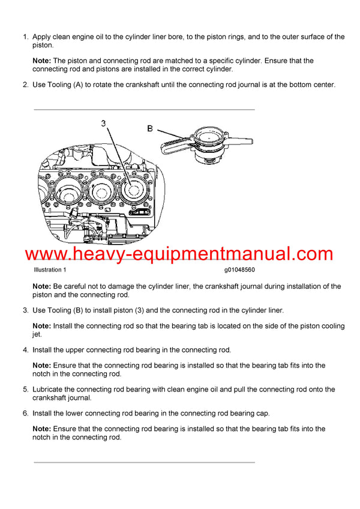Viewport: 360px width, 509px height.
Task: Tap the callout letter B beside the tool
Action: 151,128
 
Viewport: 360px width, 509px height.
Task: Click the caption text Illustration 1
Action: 51,270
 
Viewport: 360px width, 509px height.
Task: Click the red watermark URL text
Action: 179,254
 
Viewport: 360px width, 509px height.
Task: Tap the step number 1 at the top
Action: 25,37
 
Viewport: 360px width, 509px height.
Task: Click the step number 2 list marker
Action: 25,85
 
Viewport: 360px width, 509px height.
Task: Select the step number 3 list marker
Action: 25,311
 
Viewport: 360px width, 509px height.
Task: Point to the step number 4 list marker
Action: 25,350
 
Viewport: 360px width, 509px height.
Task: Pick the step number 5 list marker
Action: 25,389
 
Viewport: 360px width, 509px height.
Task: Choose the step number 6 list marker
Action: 25,414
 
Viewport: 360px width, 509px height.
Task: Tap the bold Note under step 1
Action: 42,61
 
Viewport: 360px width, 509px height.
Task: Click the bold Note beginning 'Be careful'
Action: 42,287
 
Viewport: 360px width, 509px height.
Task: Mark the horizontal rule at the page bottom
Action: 144,462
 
